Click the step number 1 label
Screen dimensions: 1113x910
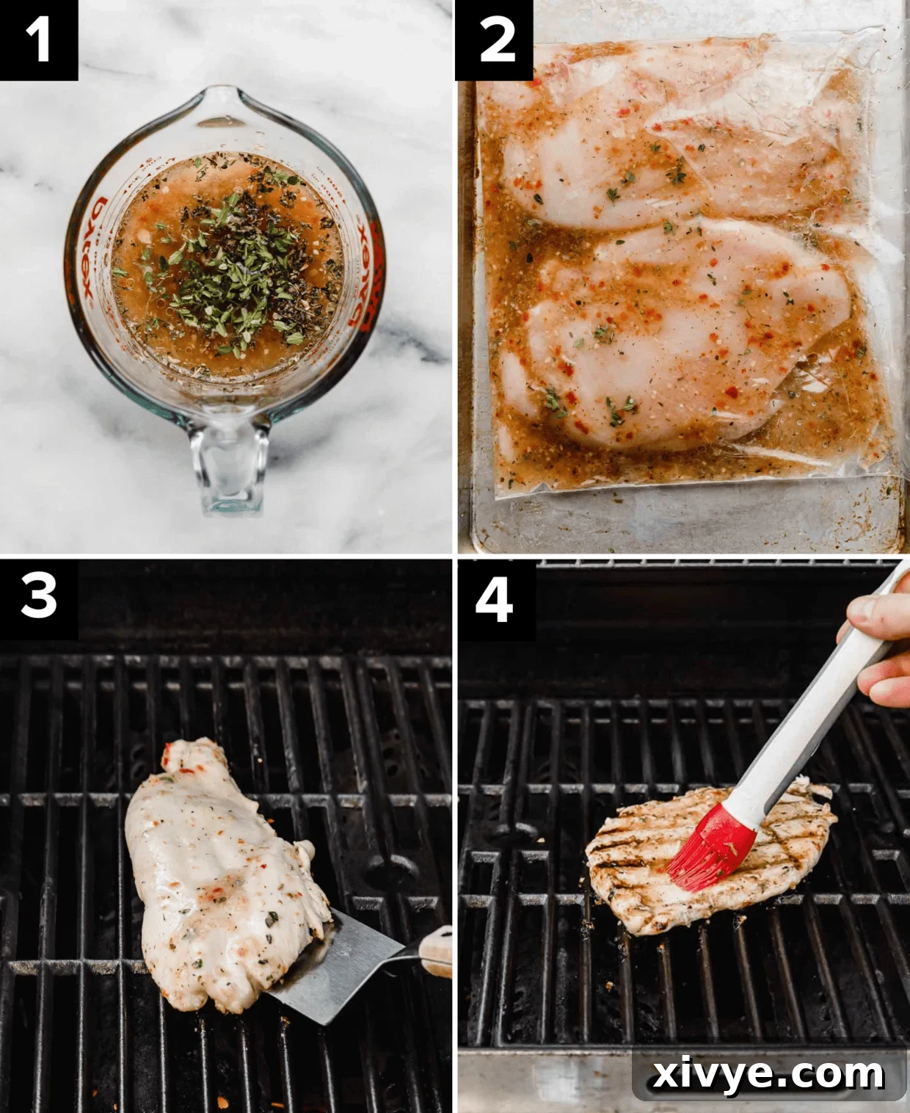38,39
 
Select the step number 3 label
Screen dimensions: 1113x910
38,595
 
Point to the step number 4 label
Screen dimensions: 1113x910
494,599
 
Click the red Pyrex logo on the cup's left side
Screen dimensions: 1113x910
91,250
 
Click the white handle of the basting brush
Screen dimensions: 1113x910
815,705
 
